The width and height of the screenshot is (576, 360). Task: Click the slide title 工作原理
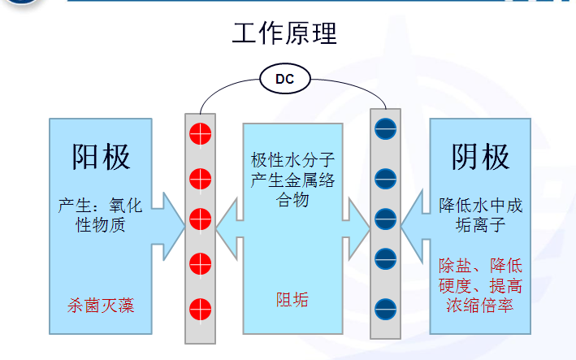click(x=284, y=33)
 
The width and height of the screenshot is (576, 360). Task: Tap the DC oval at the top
click(x=284, y=79)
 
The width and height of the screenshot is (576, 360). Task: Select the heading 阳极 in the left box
click(x=101, y=156)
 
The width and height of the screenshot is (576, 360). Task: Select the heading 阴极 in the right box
click(x=480, y=156)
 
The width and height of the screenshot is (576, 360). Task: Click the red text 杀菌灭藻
click(x=101, y=305)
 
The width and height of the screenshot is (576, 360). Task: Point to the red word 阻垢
click(x=292, y=300)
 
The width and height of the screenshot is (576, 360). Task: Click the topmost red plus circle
click(x=200, y=132)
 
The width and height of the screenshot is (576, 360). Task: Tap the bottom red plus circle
click(x=200, y=309)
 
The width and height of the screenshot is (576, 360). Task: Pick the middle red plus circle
click(x=200, y=219)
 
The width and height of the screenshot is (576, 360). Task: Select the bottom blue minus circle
click(x=384, y=309)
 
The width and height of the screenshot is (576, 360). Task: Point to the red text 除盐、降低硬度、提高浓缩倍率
click(x=480, y=286)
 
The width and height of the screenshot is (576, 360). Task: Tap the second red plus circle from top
click(x=200, y=176)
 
